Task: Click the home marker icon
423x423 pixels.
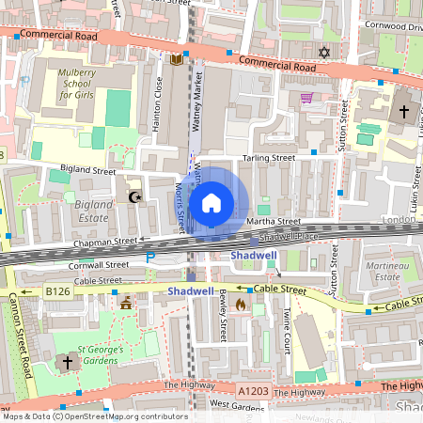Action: click(x=211, y=202)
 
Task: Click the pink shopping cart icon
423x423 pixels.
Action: click(x=305, y=98)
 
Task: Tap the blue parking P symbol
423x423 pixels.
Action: click(x=149, y=257)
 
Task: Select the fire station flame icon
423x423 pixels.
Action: click(x=241, y=305)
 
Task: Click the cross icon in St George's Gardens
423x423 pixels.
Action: click(x=68, y=361)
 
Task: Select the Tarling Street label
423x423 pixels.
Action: click(x=269, y=158)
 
